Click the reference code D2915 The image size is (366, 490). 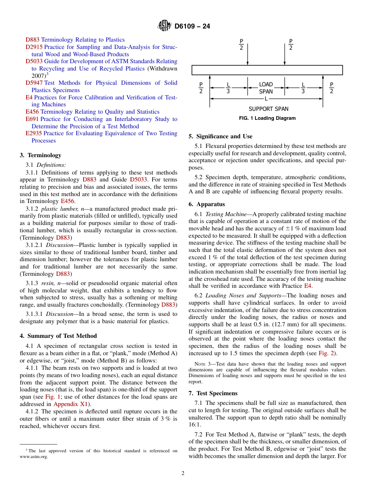[x=34, y=47]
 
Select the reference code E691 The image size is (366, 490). [x=32, y=119]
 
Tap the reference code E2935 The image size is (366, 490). [x=34, y=133]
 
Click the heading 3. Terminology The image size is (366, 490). [x=40, y=155]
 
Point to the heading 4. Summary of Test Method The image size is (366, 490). [x=58, y=336]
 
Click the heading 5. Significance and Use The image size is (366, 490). [x=220, y=136]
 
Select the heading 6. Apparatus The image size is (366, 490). [x=207, y=204]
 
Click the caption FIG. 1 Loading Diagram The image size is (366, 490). [x=267, y=118]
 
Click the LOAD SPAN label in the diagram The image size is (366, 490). [x=266, y=88]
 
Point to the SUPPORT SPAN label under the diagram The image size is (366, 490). [x=268, y=109]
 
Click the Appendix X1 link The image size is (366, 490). [x=71, y=404]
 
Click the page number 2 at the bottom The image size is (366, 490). [x=183, y=473]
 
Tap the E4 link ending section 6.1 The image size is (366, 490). [x=307, y=286]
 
